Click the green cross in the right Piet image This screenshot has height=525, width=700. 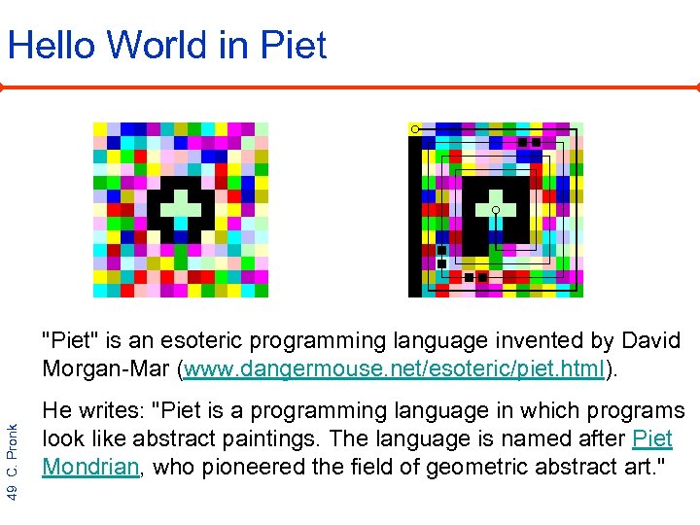coord(495,205)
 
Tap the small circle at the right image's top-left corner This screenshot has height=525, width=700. coord(415,128)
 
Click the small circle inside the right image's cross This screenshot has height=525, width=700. coord(495,210)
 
